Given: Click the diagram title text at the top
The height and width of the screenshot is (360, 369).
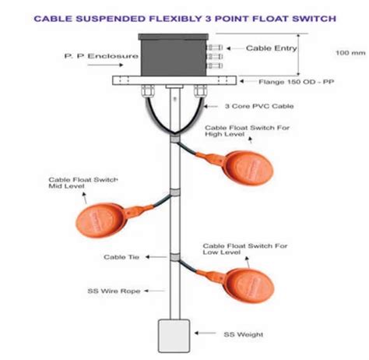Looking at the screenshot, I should point(184,16).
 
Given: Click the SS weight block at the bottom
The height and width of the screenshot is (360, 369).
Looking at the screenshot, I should point(174,333).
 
